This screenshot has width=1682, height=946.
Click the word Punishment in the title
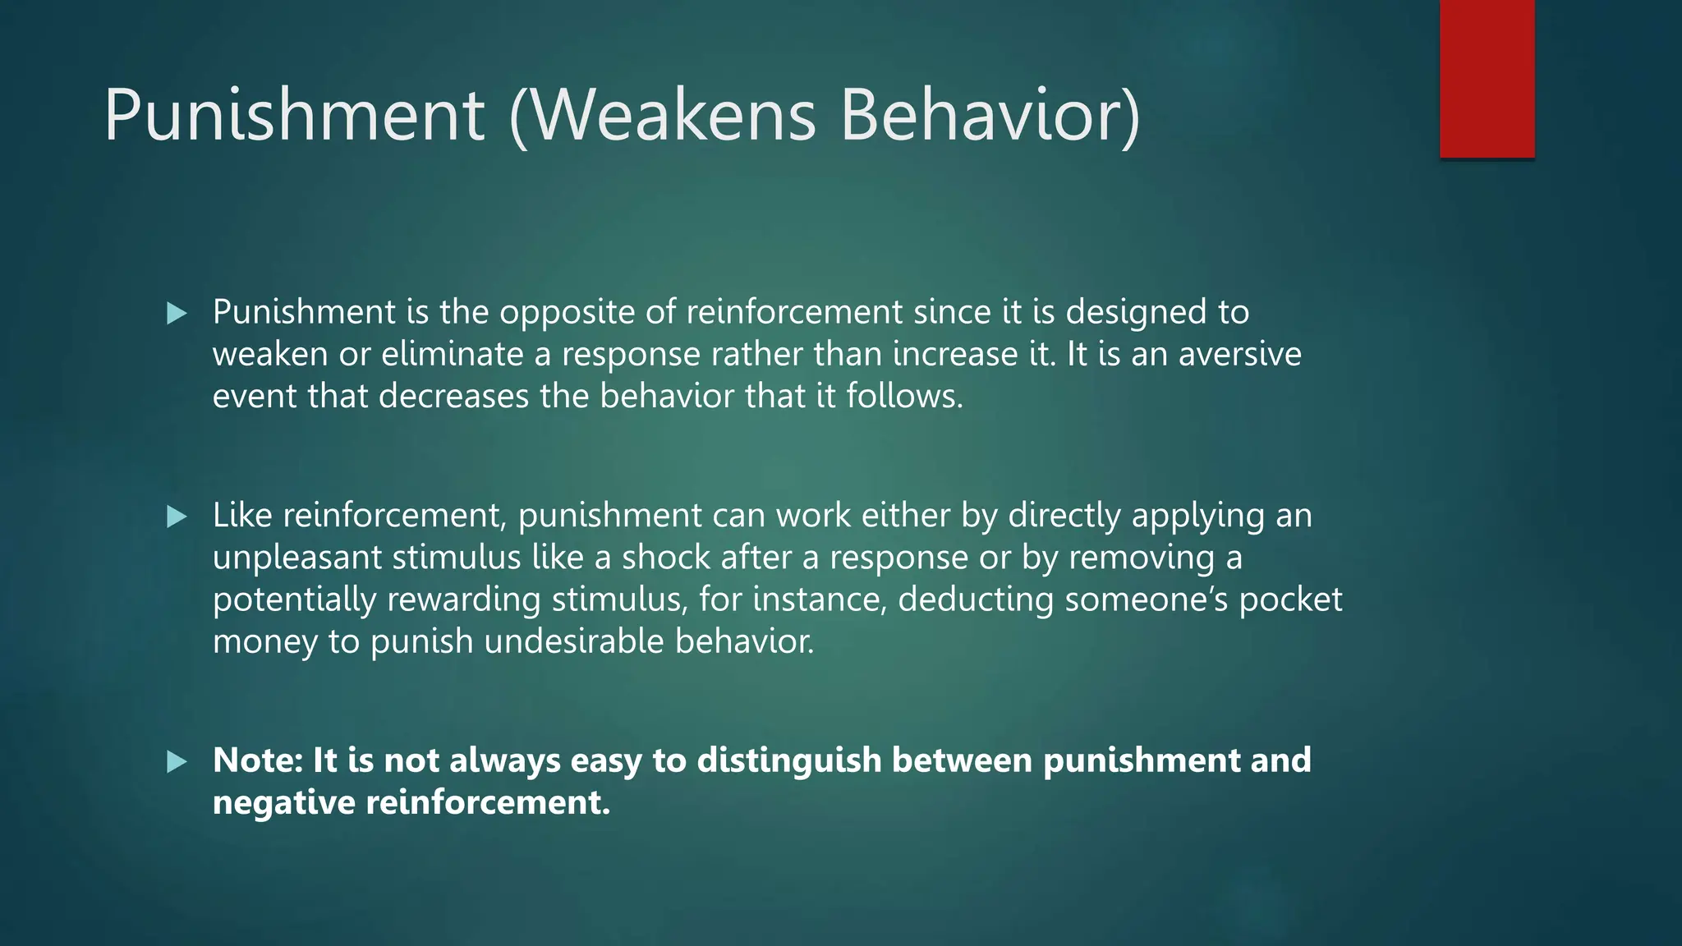294,115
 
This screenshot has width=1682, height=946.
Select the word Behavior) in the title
990,115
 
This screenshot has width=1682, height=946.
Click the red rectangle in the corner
1487,78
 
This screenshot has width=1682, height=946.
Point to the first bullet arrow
177,313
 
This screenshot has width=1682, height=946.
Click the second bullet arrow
177,517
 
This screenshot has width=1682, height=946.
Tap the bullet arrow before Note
177,761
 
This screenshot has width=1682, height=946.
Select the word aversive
1239,355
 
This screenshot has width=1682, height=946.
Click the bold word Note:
258,761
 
